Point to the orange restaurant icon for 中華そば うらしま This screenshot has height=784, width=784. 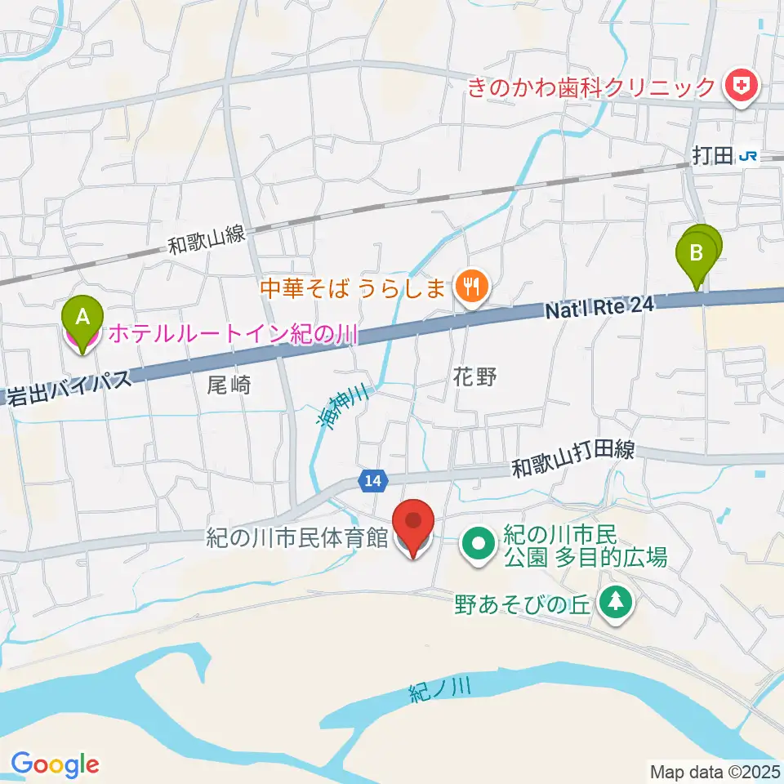click(471, 287)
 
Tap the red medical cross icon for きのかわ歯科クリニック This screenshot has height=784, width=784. click(742, 86)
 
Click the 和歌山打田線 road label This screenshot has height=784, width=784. click(573, 460)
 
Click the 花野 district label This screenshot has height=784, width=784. click(474, 376)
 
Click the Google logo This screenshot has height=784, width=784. click(55, 764)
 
